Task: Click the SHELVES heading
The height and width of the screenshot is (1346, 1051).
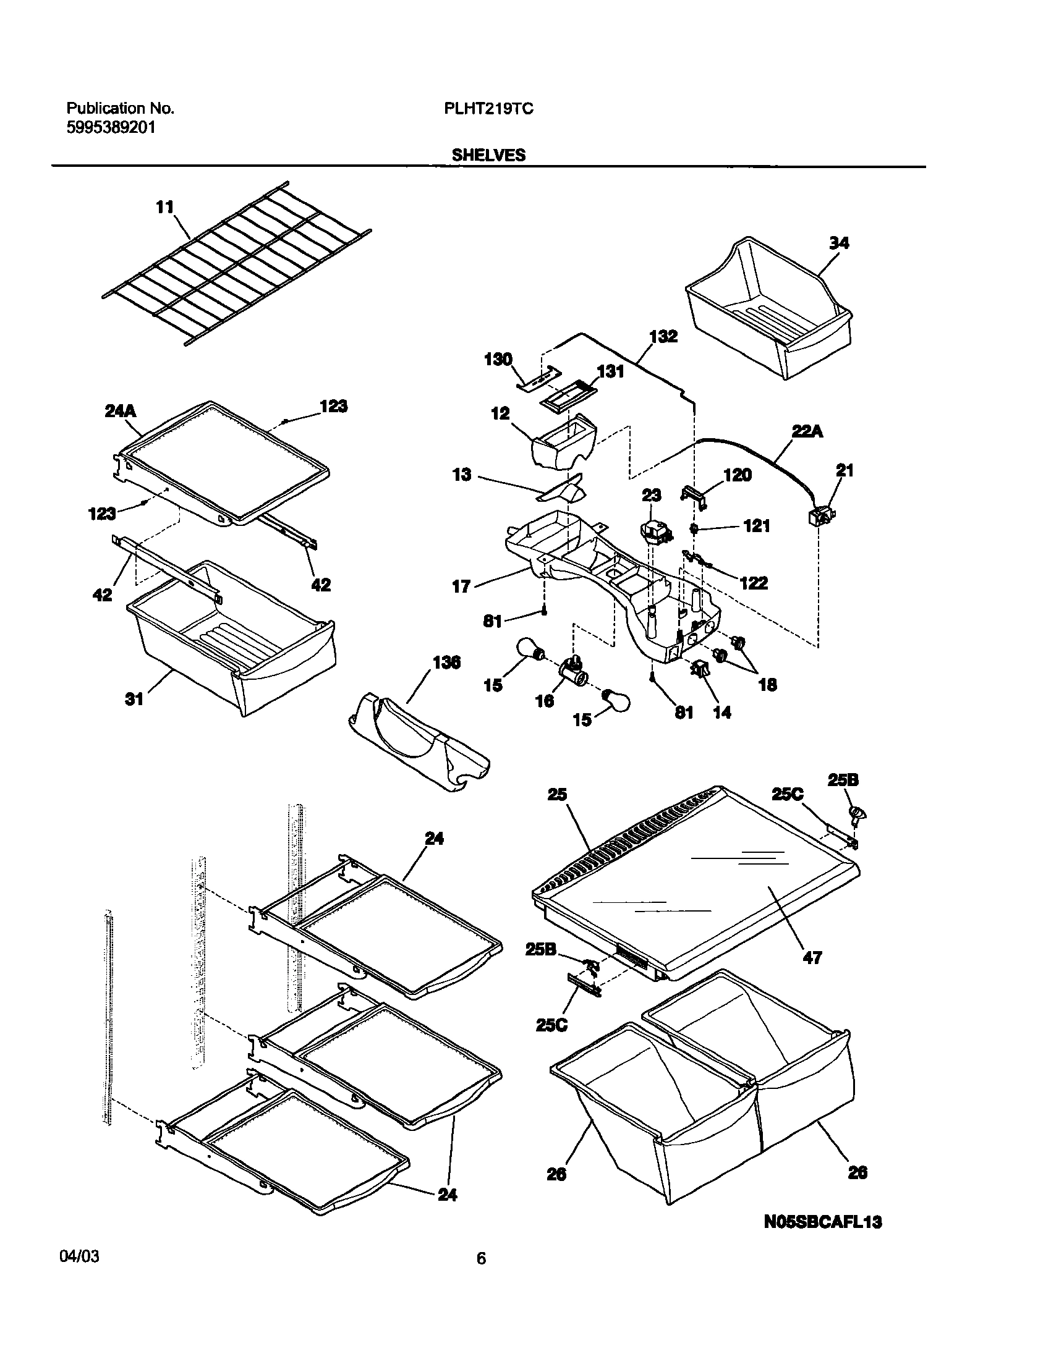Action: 488,155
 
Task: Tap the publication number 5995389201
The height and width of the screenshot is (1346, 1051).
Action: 111,128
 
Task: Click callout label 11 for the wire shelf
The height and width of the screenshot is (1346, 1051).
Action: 164,208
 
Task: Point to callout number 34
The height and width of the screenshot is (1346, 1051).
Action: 838,243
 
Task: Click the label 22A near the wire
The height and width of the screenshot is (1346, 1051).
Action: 807,431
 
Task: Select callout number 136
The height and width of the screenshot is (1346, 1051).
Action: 446,663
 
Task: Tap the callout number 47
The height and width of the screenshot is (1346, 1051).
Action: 812,957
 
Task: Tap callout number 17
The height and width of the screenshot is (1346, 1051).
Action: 461,586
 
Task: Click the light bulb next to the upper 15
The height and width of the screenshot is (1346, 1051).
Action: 530,652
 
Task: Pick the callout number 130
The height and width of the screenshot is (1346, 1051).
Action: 498,359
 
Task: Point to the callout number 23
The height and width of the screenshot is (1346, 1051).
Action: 652,495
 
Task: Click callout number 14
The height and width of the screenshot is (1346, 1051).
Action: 721,713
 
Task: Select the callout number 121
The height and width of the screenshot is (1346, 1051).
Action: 756,526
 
